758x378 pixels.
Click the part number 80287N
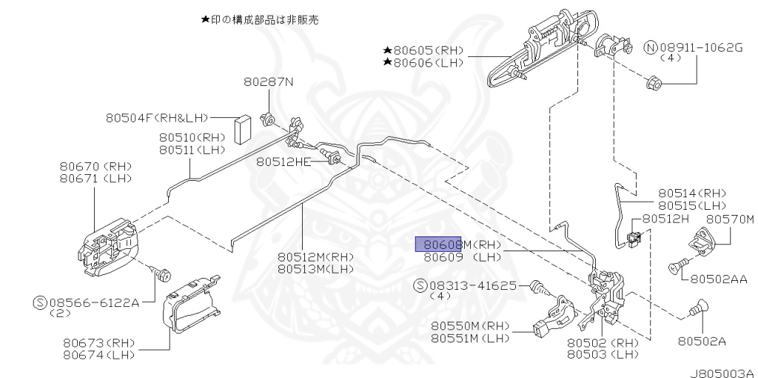pyautogui.click(x=269, y=82)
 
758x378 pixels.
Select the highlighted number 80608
pyautogui.click(x=438, y=244)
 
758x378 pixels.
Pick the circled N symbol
pyautogui.click(x=651, y=47)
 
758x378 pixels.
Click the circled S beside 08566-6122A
pyautogui.click(x=41, y=302)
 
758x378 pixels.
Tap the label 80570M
pyautogui.click(x=729, y=219)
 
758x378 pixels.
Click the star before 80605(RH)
pyautogui.click(x=387, y=50)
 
